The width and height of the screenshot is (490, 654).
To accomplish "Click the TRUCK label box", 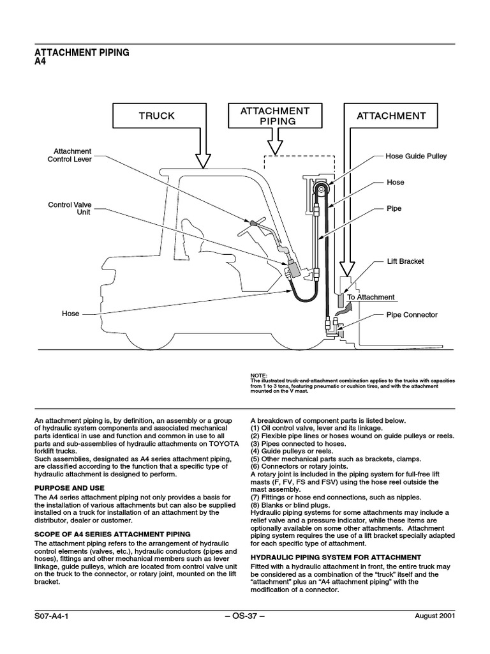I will (156, 116).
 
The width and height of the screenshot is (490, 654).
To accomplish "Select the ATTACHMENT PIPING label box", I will (274, 116).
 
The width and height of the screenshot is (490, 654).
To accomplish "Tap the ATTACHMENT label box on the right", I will (391, 116).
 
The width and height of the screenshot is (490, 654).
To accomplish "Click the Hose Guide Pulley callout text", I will (416, 156).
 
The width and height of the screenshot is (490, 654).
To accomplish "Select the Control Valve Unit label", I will (70, 209).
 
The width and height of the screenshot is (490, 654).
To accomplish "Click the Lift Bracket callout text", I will (405, 261).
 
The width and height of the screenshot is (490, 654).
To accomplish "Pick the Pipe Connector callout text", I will (412, 315).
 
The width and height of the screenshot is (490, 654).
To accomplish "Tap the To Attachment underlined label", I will (371, 298).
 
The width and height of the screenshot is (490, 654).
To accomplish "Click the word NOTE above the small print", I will (260, 374).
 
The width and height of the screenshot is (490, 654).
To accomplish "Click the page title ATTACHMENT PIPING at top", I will (82, 53).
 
